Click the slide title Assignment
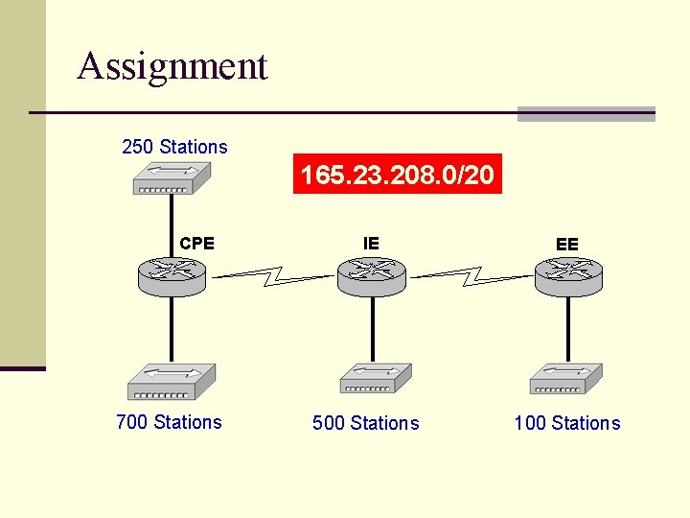click(x=172, y=66)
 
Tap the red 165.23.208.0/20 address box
click(x=398, y=176)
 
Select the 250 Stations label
click(x=174, y=147)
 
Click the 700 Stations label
click(x=169, y=422)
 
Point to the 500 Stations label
click(x=366, y=423)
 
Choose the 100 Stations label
click(x=567, y=423)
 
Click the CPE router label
click(x=197, y=244)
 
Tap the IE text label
click(x=371, y=244)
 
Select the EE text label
click(x=567, y=245)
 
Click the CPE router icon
click(x=172, y=275)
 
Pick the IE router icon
click(x=372, y=276)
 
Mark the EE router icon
click(x=568, y=276)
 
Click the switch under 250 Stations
click(x=171, y=177)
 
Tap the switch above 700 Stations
click(x=172, y=382)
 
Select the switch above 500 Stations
click(x=375, y=378)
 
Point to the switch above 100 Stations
click(x=565, y=378)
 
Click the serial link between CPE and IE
click(x=273, y=277)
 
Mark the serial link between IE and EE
click(x=471, y=277)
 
